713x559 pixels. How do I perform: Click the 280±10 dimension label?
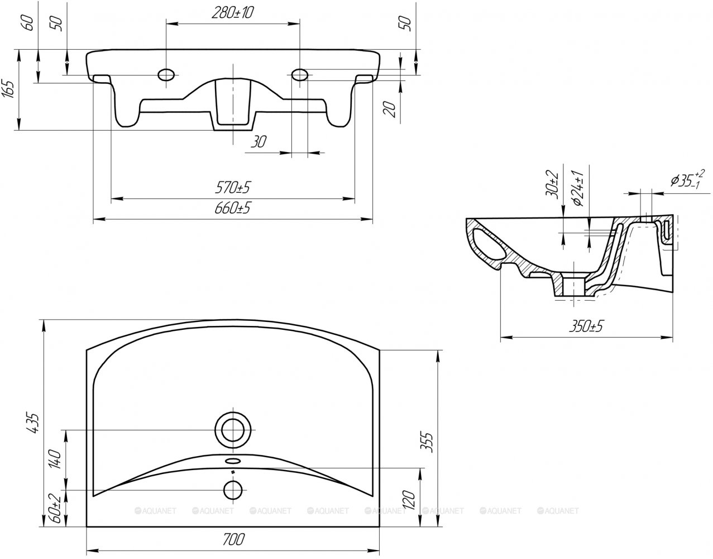pos(233,13)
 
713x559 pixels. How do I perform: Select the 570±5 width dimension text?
pos(233,187)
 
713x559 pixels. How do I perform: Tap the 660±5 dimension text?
pos(233,208)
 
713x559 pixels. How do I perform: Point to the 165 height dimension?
pos(8,89)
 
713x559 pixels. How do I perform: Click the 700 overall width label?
pos(233,539)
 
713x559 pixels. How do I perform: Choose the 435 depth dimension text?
pos(35,423)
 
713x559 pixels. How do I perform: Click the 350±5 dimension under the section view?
pos(586,326)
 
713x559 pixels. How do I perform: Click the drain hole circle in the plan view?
pos(233,430)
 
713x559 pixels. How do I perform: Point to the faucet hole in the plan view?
pos(233,490)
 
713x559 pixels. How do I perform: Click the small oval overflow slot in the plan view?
pos(233,461)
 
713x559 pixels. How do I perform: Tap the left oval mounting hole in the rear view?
pos(166,75)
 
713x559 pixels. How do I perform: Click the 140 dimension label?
pos(55,459)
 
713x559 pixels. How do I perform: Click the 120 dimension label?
pos(409,500)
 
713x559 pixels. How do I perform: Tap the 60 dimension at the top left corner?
pos(29,23)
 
